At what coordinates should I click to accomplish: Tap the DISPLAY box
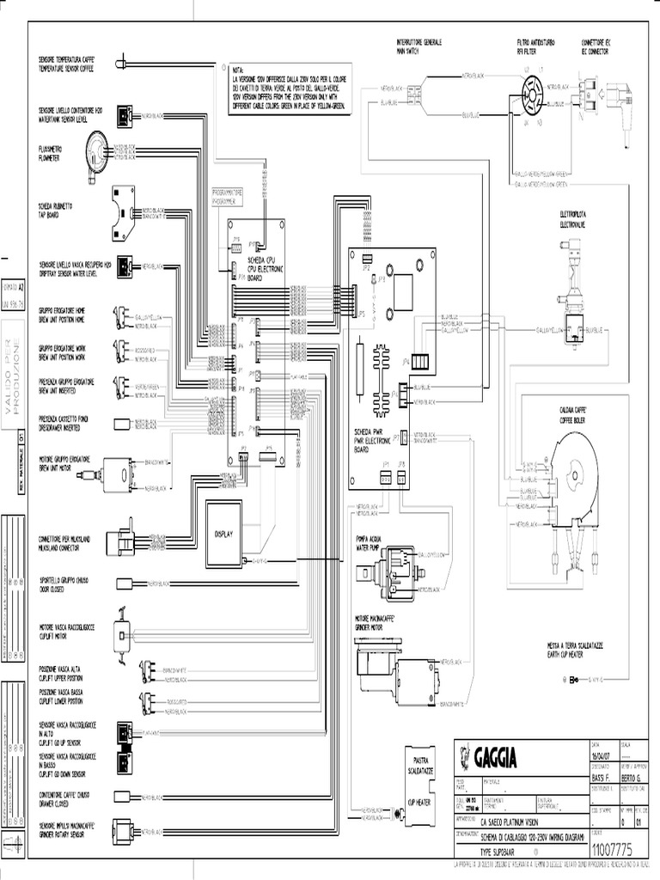[x=223, y=534]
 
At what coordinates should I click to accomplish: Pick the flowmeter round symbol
[x=96, y=150]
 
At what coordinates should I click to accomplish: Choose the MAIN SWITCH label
[x=406, y=51]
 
